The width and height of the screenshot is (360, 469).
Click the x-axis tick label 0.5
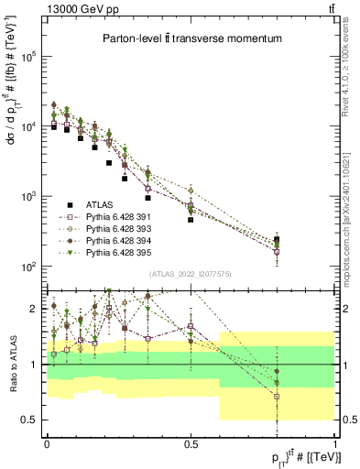[191, 444]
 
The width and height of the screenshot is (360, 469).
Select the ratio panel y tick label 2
[35, 309]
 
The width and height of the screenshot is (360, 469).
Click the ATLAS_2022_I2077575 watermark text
[191, 274]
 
